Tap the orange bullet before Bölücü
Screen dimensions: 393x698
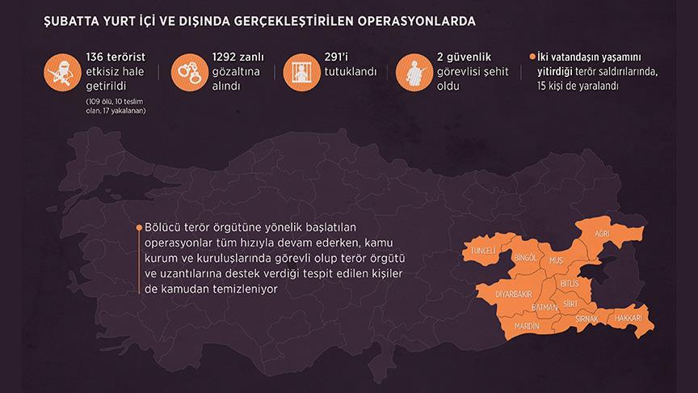click(x=138, y=228)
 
